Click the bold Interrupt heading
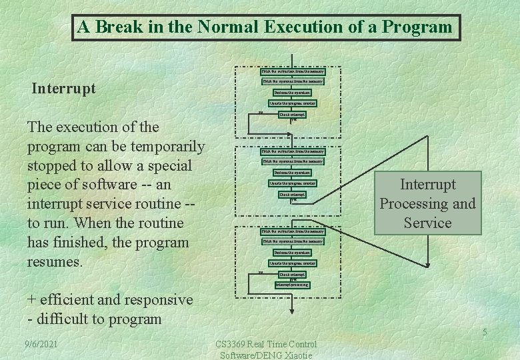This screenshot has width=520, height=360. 64,88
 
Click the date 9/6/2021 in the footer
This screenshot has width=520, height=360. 41,344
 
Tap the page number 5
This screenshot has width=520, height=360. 485,333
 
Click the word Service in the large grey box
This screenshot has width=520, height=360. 427,223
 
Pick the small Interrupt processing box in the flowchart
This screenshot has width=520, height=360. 292,285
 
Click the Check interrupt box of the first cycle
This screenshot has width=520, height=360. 292,115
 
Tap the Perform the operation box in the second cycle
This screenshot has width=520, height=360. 292,172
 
